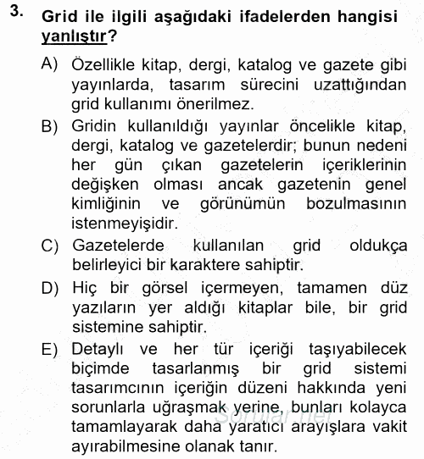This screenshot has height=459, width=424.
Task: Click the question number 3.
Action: [x=13, y=12]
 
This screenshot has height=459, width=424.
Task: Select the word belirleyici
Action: [x=109, y=266]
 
